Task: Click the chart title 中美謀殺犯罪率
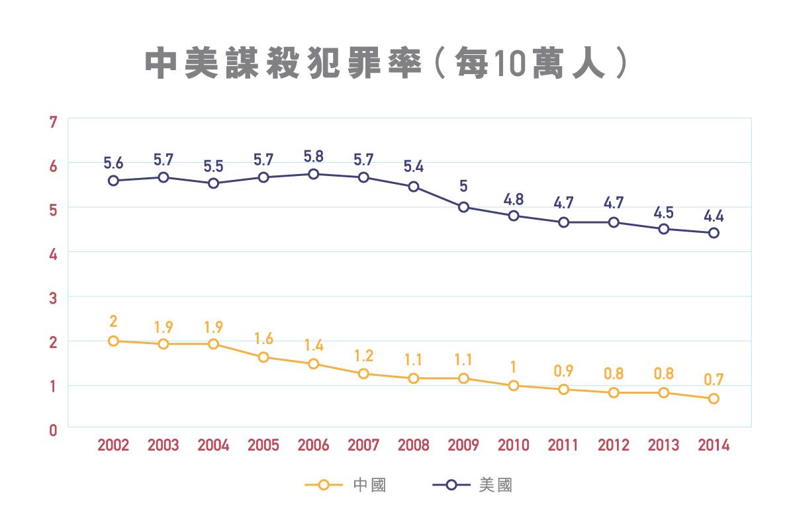tap(283, 63)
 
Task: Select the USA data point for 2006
tap(313, 174)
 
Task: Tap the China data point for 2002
tap(113, 341)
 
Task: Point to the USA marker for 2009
tap(463, 207)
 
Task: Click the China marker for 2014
tap(714, 399)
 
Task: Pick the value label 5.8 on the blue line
tap(313, 156)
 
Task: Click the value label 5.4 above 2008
tap(414, 166)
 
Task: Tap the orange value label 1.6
tap(263, 339)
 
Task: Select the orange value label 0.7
tap(714, 380)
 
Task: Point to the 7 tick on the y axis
tap(53, 122)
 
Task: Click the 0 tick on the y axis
tap(53, 430)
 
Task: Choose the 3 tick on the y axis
tap(53, 298)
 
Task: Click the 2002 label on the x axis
tap(113, 445)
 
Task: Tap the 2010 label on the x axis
tap(514, 445)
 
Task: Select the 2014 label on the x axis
tap(714, 445)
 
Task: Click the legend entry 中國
tap(369, 485)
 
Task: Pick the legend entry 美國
tap(495, 485)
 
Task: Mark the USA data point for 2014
tap(714, 233)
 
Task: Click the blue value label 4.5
tap(664, 213)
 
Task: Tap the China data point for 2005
tap(263, 357)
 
